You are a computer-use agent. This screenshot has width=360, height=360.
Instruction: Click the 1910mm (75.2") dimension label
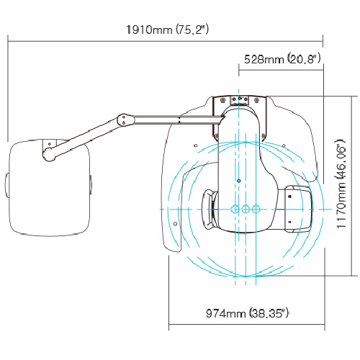(168, 30)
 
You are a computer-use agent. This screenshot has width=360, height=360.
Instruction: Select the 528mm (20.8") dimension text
(282, 59)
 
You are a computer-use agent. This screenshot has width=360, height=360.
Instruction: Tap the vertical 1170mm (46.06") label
(341, 184)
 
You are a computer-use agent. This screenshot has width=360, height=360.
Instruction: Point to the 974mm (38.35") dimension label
(247, 313)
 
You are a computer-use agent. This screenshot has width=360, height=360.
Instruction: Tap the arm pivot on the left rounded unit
(49, 154)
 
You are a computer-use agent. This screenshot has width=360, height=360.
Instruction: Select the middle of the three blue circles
(246, 210)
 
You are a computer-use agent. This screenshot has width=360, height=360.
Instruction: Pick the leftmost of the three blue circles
(235, 210)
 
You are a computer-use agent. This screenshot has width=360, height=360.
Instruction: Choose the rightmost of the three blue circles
(256, 210)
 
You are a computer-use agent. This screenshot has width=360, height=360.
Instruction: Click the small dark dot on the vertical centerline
(238, 181)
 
